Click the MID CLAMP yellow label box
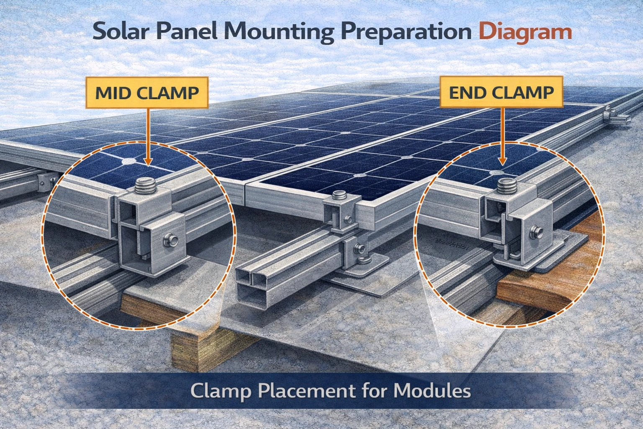147,93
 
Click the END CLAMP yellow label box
501,92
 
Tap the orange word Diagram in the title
525,32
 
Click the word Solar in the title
118,32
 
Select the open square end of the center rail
251,285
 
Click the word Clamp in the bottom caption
221,391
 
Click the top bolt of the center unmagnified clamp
339,196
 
